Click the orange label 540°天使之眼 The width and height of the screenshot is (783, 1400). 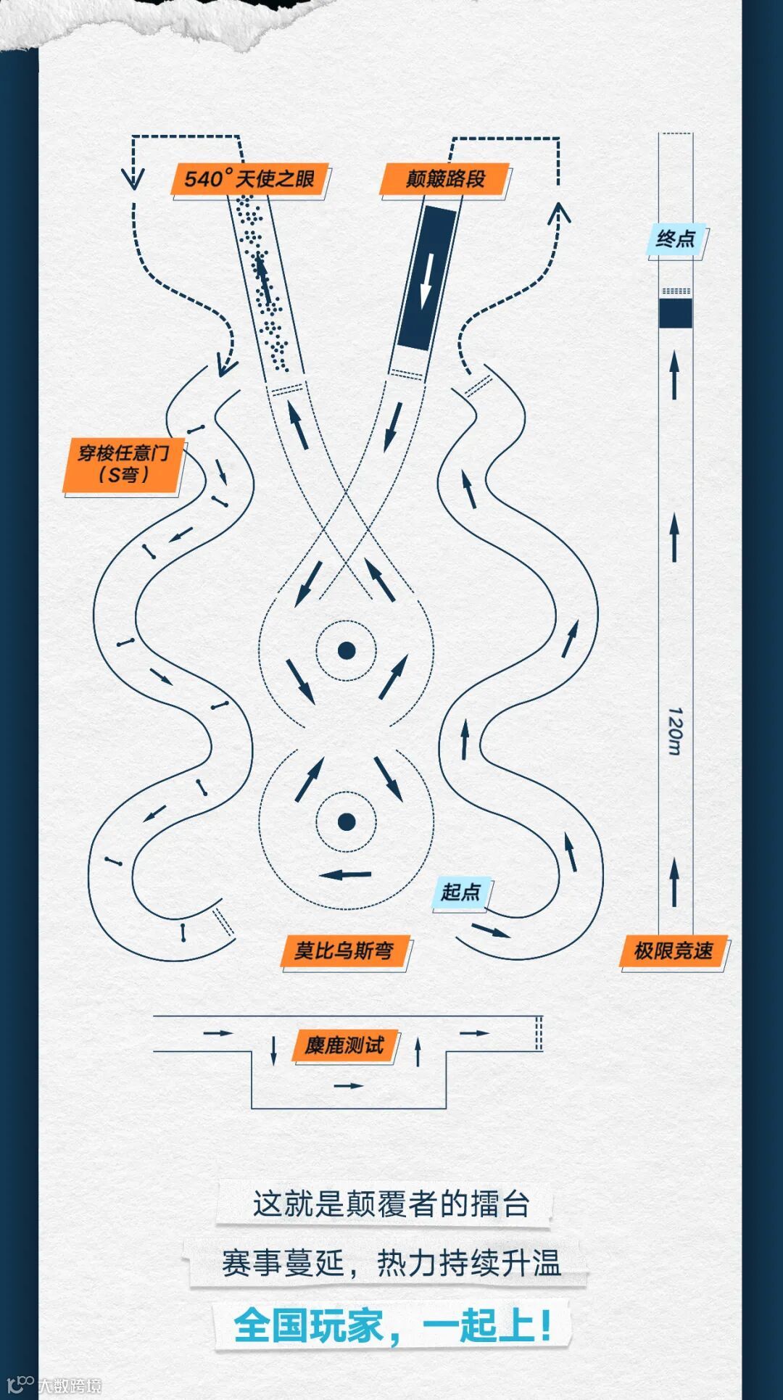pos(250,178)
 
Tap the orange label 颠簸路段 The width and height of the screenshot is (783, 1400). pos(445,179)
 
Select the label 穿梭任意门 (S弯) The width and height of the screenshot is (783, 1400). pos(123,465)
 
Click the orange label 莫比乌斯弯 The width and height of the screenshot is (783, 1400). pos(345,950)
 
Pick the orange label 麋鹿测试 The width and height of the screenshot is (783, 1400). pos(345,1045)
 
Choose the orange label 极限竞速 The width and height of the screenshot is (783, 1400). pos(674,950)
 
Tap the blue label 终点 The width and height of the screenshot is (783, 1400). pos(676,239)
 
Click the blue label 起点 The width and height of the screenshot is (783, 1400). pos(462,892)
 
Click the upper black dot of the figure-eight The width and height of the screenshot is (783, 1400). pos(347,650)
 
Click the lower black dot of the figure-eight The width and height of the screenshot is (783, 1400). pos(347,821)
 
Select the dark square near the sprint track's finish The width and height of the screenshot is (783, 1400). pos(676,312)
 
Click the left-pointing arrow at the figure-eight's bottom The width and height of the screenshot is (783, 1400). pos(345,874)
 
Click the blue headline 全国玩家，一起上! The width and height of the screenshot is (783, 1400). pos(392,1325)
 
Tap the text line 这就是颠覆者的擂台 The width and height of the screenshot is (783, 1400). pos(391,1204)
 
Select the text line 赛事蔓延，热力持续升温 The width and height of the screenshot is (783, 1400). pos(391,1263)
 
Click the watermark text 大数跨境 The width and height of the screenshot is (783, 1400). pos(70,1385)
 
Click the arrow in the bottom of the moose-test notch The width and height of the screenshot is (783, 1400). pos(348,1085)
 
